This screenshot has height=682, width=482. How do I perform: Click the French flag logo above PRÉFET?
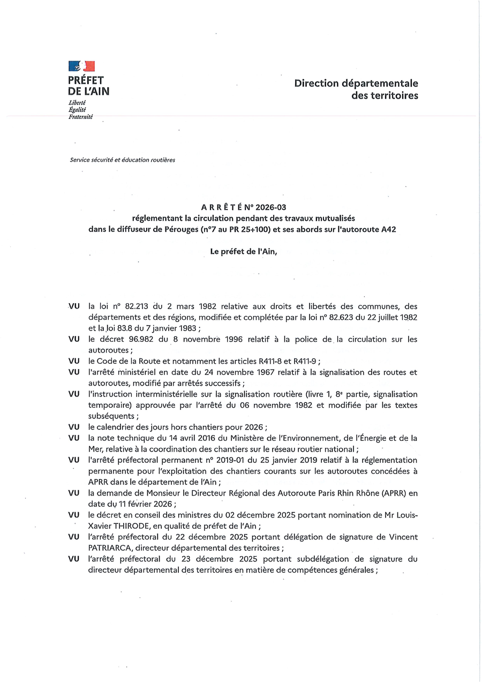tap(81, 66)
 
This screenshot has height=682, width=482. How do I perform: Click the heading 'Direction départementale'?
tap(356, 84)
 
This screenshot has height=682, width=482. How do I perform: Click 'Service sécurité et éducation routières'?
tap(122, 160)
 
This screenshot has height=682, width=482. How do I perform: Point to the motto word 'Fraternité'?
tap(80, 117)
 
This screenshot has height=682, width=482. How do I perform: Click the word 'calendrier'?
tap(114, 426)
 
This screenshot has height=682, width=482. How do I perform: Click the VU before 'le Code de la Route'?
tap(74, 361)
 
